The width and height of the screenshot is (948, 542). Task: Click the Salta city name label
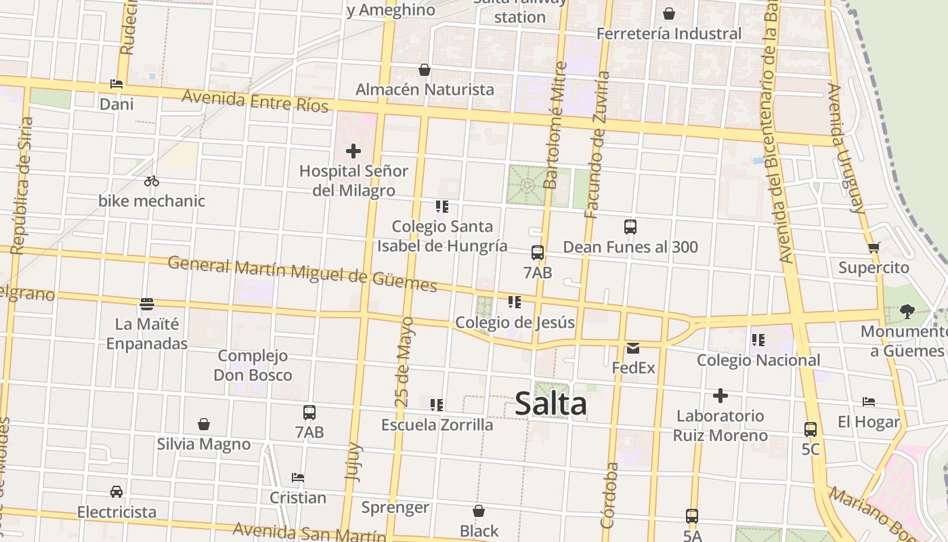[551, 404]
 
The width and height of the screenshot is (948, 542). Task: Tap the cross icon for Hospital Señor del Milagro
[353, 151]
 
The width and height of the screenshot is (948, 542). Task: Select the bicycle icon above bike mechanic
[152, 181]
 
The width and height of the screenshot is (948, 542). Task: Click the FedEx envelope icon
[633, 348]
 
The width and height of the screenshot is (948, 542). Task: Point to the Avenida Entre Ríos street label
[255, 100]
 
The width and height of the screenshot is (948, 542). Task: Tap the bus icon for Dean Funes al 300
[630, 227]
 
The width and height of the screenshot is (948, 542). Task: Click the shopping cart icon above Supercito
[874, 248]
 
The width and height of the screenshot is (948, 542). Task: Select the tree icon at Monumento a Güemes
[907, 312]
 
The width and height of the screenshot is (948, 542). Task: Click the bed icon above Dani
[116, 85]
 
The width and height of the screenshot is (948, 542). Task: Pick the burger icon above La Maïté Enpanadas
[147, 304]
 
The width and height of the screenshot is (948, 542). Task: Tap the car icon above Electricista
[116, 492]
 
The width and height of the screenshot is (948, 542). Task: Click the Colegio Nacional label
[758, 360]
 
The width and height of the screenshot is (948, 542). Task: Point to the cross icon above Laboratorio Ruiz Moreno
[720, 396]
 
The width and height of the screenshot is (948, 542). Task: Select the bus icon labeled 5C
[811, 430]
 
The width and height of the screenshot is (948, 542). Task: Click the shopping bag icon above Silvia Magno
[204, 425]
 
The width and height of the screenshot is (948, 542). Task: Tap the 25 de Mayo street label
[404, 362]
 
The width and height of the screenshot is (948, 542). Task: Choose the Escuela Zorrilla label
[437, 425]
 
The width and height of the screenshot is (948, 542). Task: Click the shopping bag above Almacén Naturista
[425, 70]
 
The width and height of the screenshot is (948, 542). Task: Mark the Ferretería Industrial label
[669, 33]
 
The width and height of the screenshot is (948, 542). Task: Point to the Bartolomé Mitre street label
[555, 125]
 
